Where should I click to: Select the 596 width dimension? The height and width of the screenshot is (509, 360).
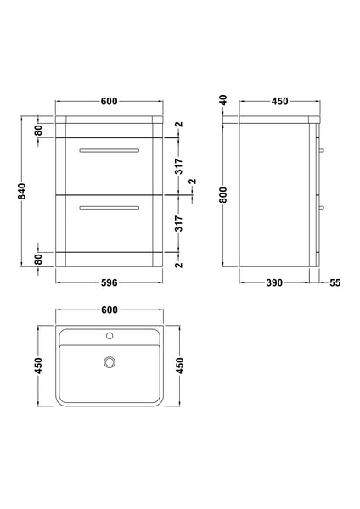(107, 283)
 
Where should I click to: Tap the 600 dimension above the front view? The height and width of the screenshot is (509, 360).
(108, 102)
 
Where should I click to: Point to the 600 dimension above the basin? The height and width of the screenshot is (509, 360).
(108, 311)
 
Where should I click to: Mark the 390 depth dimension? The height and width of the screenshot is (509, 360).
(273, 283)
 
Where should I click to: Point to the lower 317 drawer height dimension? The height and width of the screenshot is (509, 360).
(179, 223)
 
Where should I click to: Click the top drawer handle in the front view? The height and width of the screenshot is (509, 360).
(108, 150)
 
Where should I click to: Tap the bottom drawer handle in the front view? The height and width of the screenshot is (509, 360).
(108, 206)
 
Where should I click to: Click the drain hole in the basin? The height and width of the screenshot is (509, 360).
(108, 363)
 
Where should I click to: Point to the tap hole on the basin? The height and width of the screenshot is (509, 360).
(108, 336)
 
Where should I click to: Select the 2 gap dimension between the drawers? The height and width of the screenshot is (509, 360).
(192, 182)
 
